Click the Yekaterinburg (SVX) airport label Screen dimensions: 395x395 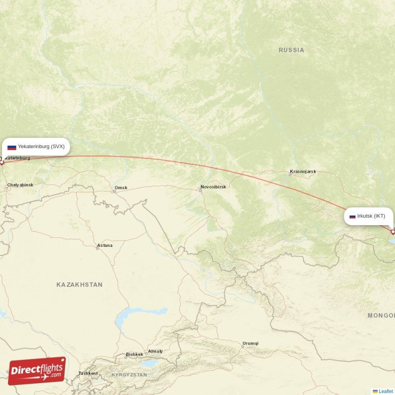[x=41, y=147]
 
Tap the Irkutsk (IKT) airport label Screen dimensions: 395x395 [x=371, y=216]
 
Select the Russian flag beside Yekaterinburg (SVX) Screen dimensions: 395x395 [x=12, y=147]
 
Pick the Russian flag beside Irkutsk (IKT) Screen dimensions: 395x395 [x=353, y=216]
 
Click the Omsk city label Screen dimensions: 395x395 [x=120, y=188]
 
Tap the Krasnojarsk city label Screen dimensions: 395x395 [x=303, y=172]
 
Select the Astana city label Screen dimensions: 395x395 [x=105, y=245]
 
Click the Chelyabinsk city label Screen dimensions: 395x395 [x=20, y=185]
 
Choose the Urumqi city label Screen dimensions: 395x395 [x=250, y=343]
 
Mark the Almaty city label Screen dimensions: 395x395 [x=155, y=351]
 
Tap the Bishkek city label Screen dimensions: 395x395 [x=134, y=354]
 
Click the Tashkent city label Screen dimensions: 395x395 [x=88, y=373]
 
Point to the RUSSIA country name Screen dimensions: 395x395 [x=291, y=50]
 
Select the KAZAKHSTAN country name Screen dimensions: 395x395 [x=79, y=284]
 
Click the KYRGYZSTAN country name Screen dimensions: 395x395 [x=129, y=375]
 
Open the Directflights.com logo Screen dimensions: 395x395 [x=37, y=371]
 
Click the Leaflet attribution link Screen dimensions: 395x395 [x=386, y=391]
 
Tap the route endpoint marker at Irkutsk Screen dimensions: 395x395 [x=393, y=231]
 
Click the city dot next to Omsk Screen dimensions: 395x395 [x=115, y=191]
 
